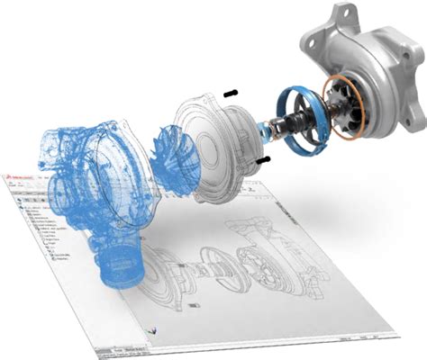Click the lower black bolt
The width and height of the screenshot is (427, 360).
tap(262, 159)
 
